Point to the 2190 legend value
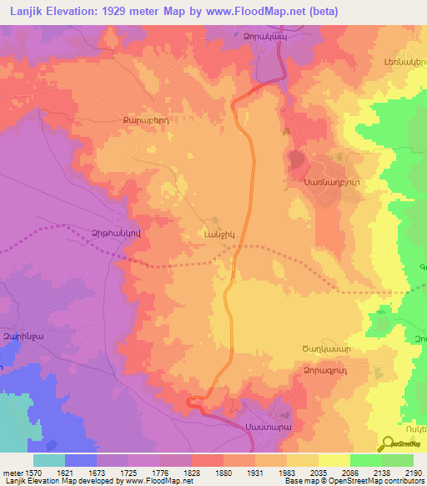click(x=413, y=470)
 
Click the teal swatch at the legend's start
click(x=48, y=460)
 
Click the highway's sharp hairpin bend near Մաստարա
click(x=193, y=402)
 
